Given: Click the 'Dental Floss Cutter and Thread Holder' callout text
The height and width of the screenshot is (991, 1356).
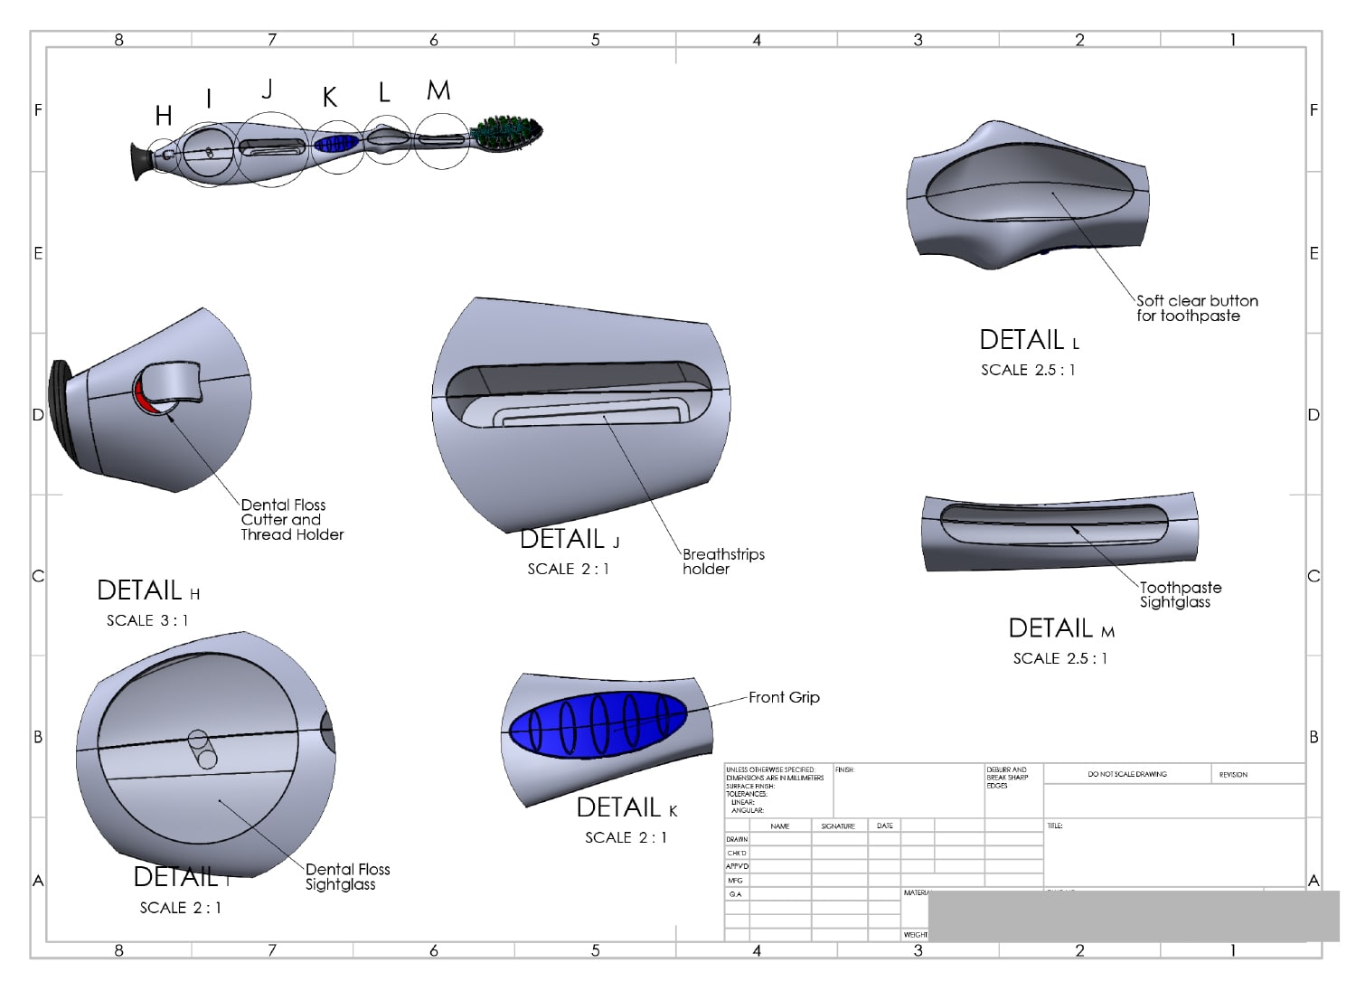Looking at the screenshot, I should coord(291,520).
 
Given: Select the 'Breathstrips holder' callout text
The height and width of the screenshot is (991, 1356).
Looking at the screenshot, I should coord(722,562).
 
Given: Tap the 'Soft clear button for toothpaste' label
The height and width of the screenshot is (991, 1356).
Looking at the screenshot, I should coord(1196,308).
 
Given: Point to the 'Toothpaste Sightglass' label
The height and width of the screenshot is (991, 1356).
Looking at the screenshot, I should coord(1179,595).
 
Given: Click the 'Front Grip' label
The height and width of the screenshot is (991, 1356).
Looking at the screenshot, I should coord(784,697).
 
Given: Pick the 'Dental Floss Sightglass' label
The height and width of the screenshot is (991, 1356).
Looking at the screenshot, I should coord(347,877).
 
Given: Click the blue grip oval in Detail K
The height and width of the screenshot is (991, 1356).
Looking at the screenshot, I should coord(597,723).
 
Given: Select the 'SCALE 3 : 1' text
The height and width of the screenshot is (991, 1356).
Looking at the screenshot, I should coord(147,620).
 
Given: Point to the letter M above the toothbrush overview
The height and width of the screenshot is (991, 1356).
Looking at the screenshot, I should coord(438,91).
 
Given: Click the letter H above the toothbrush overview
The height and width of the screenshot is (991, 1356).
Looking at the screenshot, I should coord(164,116).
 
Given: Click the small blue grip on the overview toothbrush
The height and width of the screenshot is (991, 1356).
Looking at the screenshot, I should coord(337,143).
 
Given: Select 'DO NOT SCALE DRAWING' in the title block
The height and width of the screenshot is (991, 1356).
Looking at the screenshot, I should coord(1126,774).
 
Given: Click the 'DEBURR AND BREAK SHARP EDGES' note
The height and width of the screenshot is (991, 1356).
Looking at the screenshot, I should coord(1006,778).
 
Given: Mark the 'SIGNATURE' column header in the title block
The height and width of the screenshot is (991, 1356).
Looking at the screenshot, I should coord(838,826).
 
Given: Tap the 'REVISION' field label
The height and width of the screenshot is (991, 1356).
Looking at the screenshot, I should coord(1232,774).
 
